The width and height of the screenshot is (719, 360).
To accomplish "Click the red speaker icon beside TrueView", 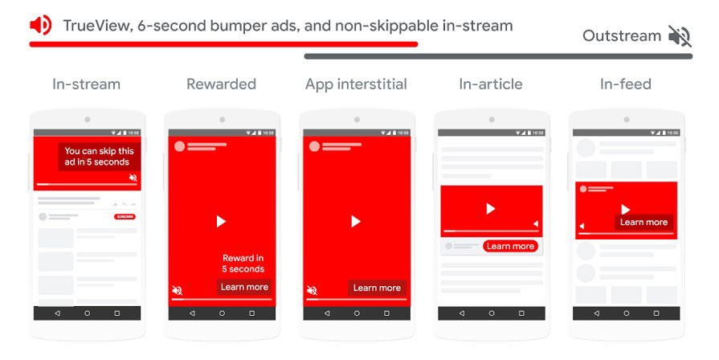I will [40, 26].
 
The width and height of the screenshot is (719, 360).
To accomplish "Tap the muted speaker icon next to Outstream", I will [679, 36].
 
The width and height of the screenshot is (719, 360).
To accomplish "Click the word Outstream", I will [621, 36].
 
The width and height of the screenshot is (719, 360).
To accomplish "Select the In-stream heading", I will [86, 84].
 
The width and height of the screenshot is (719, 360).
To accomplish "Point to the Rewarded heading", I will [221, 84].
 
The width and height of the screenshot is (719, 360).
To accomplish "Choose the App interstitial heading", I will [356, 84].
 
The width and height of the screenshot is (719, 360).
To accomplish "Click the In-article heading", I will [490, 84].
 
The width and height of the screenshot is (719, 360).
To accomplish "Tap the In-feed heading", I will [625, 84].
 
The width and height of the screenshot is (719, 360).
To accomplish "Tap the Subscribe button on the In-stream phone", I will [125, 217].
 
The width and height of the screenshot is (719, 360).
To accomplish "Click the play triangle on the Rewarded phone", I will [221, 221].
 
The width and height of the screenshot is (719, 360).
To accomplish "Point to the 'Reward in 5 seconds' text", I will [243, 264].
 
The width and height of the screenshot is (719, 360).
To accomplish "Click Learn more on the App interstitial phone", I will [377, 288].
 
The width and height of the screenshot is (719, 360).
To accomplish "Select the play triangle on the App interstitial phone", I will [356, 221].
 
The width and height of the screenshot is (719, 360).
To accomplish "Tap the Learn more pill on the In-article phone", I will [510, 246].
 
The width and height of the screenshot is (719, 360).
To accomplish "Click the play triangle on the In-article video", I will [490, 208].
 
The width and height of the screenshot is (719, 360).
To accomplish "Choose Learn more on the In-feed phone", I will [643, 223].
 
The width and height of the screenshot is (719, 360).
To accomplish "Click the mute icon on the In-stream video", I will [133, 178].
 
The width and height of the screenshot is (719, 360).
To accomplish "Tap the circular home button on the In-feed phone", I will [625, 313].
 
